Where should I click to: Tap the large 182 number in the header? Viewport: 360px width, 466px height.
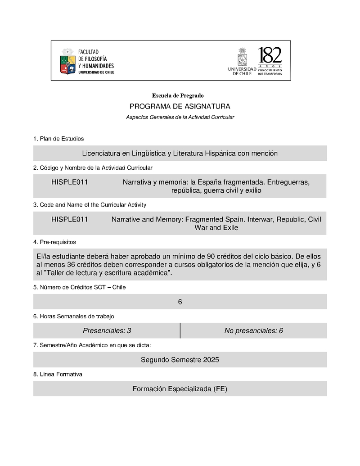click(x=270, y=56)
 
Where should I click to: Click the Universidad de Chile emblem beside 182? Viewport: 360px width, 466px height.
click(x=242, y=57)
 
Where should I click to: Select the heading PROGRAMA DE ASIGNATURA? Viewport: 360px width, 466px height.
click(x=180, y=107)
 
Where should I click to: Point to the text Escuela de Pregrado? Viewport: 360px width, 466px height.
click(x=178, y=95)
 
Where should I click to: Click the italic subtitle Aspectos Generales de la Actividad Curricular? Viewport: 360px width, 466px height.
click(x=180, y=117)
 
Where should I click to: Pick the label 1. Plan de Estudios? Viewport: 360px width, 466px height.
click(x=58, y=139)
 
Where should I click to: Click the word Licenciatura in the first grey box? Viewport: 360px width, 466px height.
click(x=101, y=154)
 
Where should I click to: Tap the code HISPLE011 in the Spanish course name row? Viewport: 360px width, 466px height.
click(x=69, y=182)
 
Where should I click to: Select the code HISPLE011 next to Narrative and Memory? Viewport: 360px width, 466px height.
click(x=69, y=219)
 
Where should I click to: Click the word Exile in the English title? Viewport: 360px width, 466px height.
click(x=229, y=228)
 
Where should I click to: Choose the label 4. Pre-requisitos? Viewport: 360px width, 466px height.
click(x=54, y=242)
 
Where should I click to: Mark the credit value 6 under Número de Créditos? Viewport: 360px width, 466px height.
click(x=180, y=302)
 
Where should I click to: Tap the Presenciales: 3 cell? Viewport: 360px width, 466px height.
click(x=107, y=331)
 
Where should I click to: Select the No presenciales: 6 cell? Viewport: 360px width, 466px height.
click(x=253, y=331)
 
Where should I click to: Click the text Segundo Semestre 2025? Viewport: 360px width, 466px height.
click(x=180, y=360)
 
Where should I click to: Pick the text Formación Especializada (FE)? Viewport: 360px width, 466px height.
click(x=180, y=389)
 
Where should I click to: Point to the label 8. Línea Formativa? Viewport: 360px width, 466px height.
click(x=58, y=374)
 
